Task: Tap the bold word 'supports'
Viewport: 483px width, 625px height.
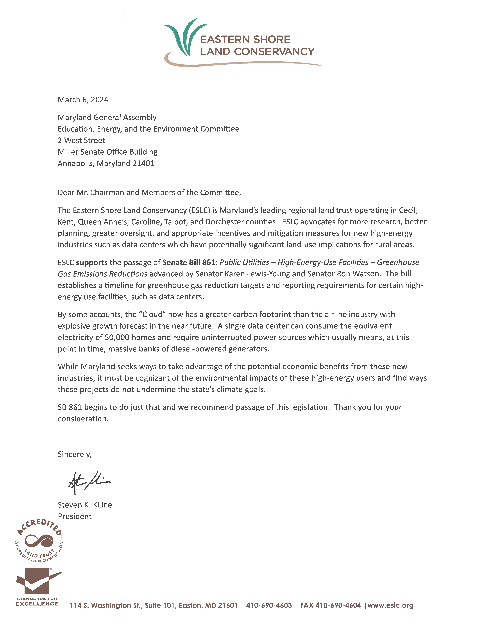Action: pyautogui.click(x=92, y=262)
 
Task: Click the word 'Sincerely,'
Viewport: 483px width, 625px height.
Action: pyautogui.click(x=74, y=454)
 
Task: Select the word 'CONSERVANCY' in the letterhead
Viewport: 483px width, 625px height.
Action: pyautogui.click(x=274, y=52)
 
